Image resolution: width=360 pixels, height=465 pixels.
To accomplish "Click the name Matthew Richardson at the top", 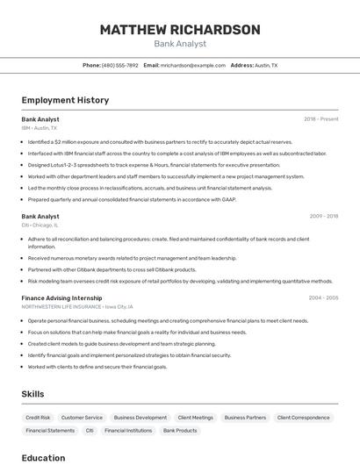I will (180, 30).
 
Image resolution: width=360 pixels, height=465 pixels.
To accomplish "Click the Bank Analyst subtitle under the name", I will (180, 44).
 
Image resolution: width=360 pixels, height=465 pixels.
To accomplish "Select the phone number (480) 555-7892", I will (119, 65).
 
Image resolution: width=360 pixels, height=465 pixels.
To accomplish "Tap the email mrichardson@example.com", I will (193, 65).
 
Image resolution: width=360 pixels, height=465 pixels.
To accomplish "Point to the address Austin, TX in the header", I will (266, 65).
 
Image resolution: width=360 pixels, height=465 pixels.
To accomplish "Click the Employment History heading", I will (65, 101).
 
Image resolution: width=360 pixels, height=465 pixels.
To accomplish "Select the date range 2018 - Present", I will (321, 119).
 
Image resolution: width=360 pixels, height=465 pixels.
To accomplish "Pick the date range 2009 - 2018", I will (323, 216).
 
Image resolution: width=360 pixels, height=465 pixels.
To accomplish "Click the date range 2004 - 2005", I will (323, 298).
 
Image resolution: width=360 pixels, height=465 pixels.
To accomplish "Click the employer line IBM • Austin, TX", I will (40, 128).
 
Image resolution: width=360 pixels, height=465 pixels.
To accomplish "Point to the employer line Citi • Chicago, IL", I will (40, 225).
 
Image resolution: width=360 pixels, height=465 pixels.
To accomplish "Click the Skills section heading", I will (32, 395).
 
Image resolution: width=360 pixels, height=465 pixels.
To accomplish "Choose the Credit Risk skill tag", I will (38, 418).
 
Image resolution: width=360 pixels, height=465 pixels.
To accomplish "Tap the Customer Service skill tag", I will (82, 418).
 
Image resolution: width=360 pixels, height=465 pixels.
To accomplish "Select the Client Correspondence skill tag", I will (303, 418).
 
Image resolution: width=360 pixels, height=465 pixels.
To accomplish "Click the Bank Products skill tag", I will (180, 431).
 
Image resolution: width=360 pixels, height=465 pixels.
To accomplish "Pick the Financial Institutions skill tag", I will (128, 431).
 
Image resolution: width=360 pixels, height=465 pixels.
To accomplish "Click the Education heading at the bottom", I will (43, 458).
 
